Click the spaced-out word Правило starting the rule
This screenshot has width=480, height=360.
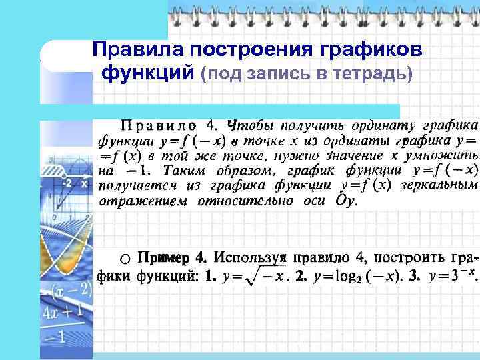coord(158,125)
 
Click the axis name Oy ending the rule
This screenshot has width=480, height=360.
coord(346,200)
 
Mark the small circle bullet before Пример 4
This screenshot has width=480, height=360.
coord(126,258)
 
